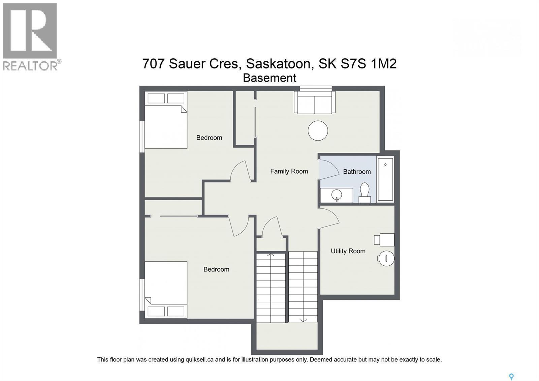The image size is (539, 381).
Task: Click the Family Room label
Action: pos(289,171)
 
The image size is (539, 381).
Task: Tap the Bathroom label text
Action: pos(356,172)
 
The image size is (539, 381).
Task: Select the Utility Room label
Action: pos(348,251)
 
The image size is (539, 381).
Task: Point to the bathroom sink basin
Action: pos(337,195)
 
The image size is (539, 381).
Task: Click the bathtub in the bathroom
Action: pos(385,179)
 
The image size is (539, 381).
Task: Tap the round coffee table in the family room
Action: pos(318,131)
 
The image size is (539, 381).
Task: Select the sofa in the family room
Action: pos(315,102)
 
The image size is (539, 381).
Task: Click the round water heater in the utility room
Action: pos(386,259)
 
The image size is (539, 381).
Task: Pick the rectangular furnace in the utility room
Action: pos(384,240)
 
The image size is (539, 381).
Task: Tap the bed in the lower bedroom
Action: pos(166,289)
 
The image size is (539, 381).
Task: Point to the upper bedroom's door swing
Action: pos(240,171)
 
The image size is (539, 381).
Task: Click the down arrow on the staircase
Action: pos(303,320)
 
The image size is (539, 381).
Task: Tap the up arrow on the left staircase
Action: pos(271,255)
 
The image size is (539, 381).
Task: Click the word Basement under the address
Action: pos(269,78)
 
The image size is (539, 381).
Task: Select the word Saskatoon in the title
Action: pos(278,63)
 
